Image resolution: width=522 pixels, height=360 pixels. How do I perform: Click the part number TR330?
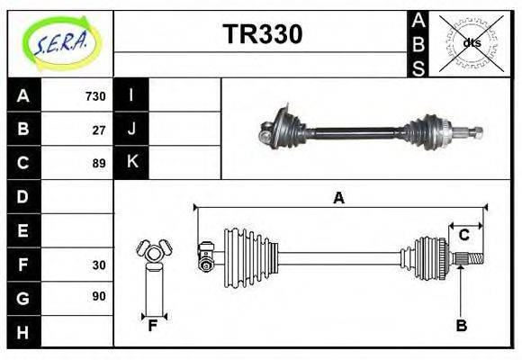262,33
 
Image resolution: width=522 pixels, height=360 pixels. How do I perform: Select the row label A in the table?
23,95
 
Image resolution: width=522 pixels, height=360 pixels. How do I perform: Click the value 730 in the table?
95,96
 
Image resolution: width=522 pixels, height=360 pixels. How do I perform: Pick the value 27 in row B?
99,130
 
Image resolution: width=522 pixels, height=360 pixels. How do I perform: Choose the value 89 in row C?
99,164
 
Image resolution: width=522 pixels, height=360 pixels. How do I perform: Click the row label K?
131,163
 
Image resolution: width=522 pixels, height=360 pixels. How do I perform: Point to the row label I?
131,95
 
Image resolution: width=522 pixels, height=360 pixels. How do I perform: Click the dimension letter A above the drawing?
338,198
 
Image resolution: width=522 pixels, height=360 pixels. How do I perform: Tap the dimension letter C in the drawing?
464,235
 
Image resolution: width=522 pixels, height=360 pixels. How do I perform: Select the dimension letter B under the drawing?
461,326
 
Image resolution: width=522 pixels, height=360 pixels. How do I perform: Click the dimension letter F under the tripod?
153,327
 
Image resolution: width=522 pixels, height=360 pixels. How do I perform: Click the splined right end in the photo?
473,133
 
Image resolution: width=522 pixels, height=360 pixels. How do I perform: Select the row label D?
23,196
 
